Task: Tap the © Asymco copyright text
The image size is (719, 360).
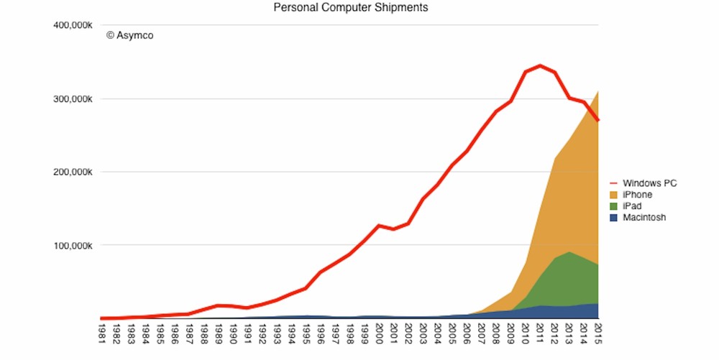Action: pyautogui.click(x=130, y=34)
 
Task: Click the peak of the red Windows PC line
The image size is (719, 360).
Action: pyautogui.click(x=540, y=65)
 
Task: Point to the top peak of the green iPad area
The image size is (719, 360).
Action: pyautogui.click(x=569, y=252)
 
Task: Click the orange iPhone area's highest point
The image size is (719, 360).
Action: pyautogui.click(x=597, y=92)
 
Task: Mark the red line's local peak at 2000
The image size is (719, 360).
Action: pyautogui.click(x=379, y=226)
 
